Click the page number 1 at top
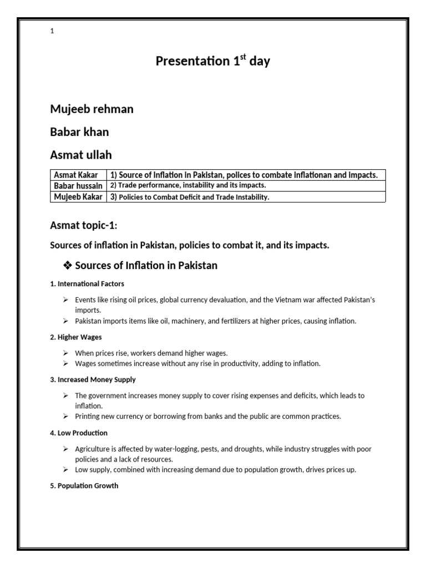pos(52,32)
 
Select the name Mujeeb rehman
pos(92,109)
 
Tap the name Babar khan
pos(79,132)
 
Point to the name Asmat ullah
pos(81,154)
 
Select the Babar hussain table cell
pos(78,186)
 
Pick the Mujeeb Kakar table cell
pos(78,197)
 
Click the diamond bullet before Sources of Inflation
pos(68,266)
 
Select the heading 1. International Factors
pos(87,284)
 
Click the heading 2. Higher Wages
pos(76,337)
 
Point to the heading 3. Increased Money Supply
pos(93,380)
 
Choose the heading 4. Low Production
pos(79,433)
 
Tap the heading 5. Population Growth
pos(84,486)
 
